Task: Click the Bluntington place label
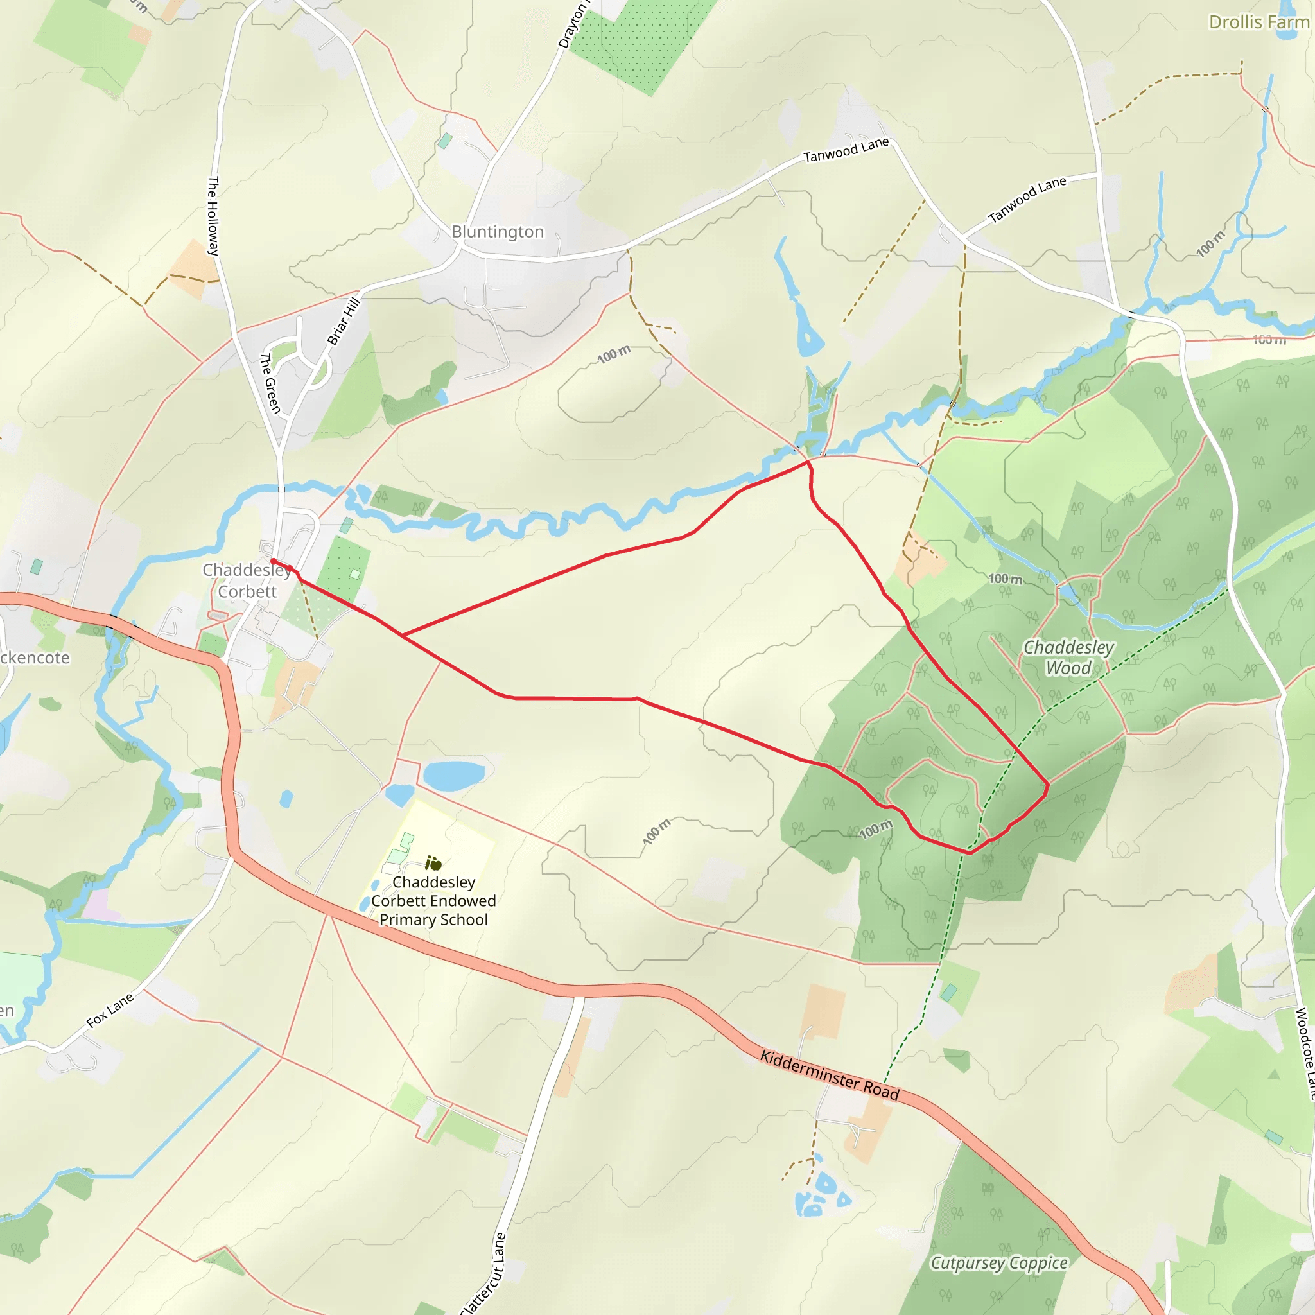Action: point(498,232)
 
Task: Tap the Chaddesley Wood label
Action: point(1068,657)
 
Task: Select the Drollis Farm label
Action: point(1258,22)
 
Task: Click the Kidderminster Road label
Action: point(829,1076)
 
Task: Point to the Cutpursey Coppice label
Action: point(998,1263)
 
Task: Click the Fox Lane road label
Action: point(110,1011)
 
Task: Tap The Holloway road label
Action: point(213,216)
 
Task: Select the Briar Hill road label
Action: point(343,321)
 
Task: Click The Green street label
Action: point(270,383)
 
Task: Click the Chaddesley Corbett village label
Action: point(247,580)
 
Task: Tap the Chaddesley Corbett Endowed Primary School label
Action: point(433,900)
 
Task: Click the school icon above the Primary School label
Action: point(433,864)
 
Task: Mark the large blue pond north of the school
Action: point(453,775)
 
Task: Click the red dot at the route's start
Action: point(274,561)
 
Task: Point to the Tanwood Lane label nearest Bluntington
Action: point(846,150)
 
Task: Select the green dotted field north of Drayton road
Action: point(640,41)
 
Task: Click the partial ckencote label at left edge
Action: point(34,657)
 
